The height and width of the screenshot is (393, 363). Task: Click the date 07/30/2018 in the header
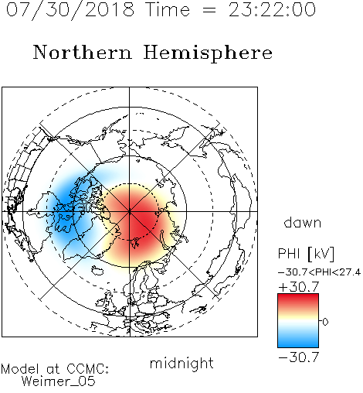tap(70, 10)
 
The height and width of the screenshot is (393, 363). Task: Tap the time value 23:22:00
tap(272, 10)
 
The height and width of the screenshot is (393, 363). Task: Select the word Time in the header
tap(168, 10)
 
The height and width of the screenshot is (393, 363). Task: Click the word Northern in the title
tap(83, 52)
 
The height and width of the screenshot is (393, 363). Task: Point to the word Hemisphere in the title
tap(208, 53)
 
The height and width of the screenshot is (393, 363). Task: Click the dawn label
tap(303, 222)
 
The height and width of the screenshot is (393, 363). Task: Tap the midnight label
tap(181, 363)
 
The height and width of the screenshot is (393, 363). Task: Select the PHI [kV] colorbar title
tap(306, 254)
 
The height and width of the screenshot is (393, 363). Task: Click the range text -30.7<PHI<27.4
tap(319, 272)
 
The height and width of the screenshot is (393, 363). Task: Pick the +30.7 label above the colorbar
tap(299, 287)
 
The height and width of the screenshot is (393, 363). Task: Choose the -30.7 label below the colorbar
tap(299, 357)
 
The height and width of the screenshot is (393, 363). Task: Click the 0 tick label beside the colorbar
tap(325, 322)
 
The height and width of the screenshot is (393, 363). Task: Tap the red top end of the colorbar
tap(298, 296)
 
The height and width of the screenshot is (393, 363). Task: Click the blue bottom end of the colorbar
tap(298, 345)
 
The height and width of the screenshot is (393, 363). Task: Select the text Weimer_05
tap(59, 381)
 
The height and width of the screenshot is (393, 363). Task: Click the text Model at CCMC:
tap(55, 369)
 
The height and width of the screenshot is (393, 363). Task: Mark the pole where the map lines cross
tap(130, 211)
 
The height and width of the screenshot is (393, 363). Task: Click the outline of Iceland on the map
tap(97, 271)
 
